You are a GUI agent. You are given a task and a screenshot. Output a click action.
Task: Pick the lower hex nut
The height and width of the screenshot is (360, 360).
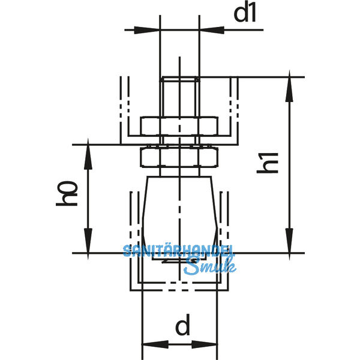[178, 158]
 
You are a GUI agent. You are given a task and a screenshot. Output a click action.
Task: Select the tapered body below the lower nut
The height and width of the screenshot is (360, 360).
[178, 207]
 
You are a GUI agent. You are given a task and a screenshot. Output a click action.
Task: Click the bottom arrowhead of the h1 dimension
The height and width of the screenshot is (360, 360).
[291, 244]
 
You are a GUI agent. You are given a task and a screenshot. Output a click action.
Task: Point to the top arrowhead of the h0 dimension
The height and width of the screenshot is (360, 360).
[88, 153]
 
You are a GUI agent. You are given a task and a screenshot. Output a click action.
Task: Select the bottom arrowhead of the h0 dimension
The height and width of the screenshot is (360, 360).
[88, 244]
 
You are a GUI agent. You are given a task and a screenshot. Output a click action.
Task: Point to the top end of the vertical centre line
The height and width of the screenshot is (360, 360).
[178, 59]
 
